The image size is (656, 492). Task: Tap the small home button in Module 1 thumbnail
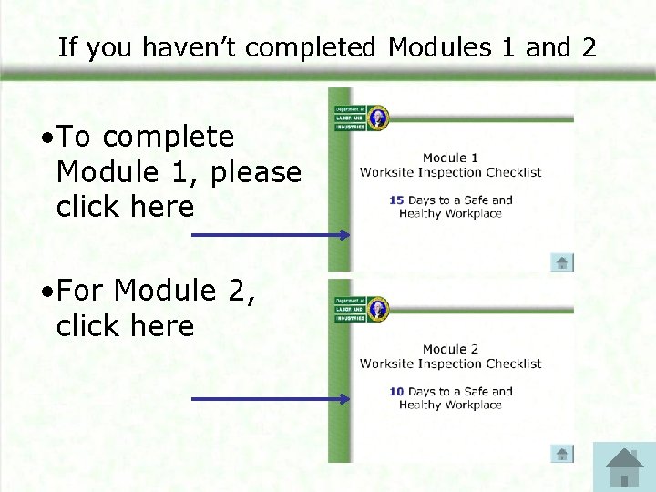(562, 262)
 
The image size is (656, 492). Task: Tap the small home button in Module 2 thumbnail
(562, 454)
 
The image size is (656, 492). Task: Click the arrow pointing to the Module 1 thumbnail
(271, 235)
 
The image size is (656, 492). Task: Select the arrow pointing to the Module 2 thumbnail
(271, 399)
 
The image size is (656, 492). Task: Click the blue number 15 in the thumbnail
(396, 200)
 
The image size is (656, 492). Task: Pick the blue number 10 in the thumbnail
(396, 392)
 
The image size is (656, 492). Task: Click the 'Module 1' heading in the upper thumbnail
(450, 158)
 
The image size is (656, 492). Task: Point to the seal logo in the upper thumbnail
(376, 118)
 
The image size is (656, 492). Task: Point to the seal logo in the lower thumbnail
(376, 309)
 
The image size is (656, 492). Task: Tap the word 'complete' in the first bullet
(169, 137)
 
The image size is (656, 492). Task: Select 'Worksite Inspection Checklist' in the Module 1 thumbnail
(450, 172)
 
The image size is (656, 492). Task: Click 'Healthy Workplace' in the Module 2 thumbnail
(450, 405)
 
